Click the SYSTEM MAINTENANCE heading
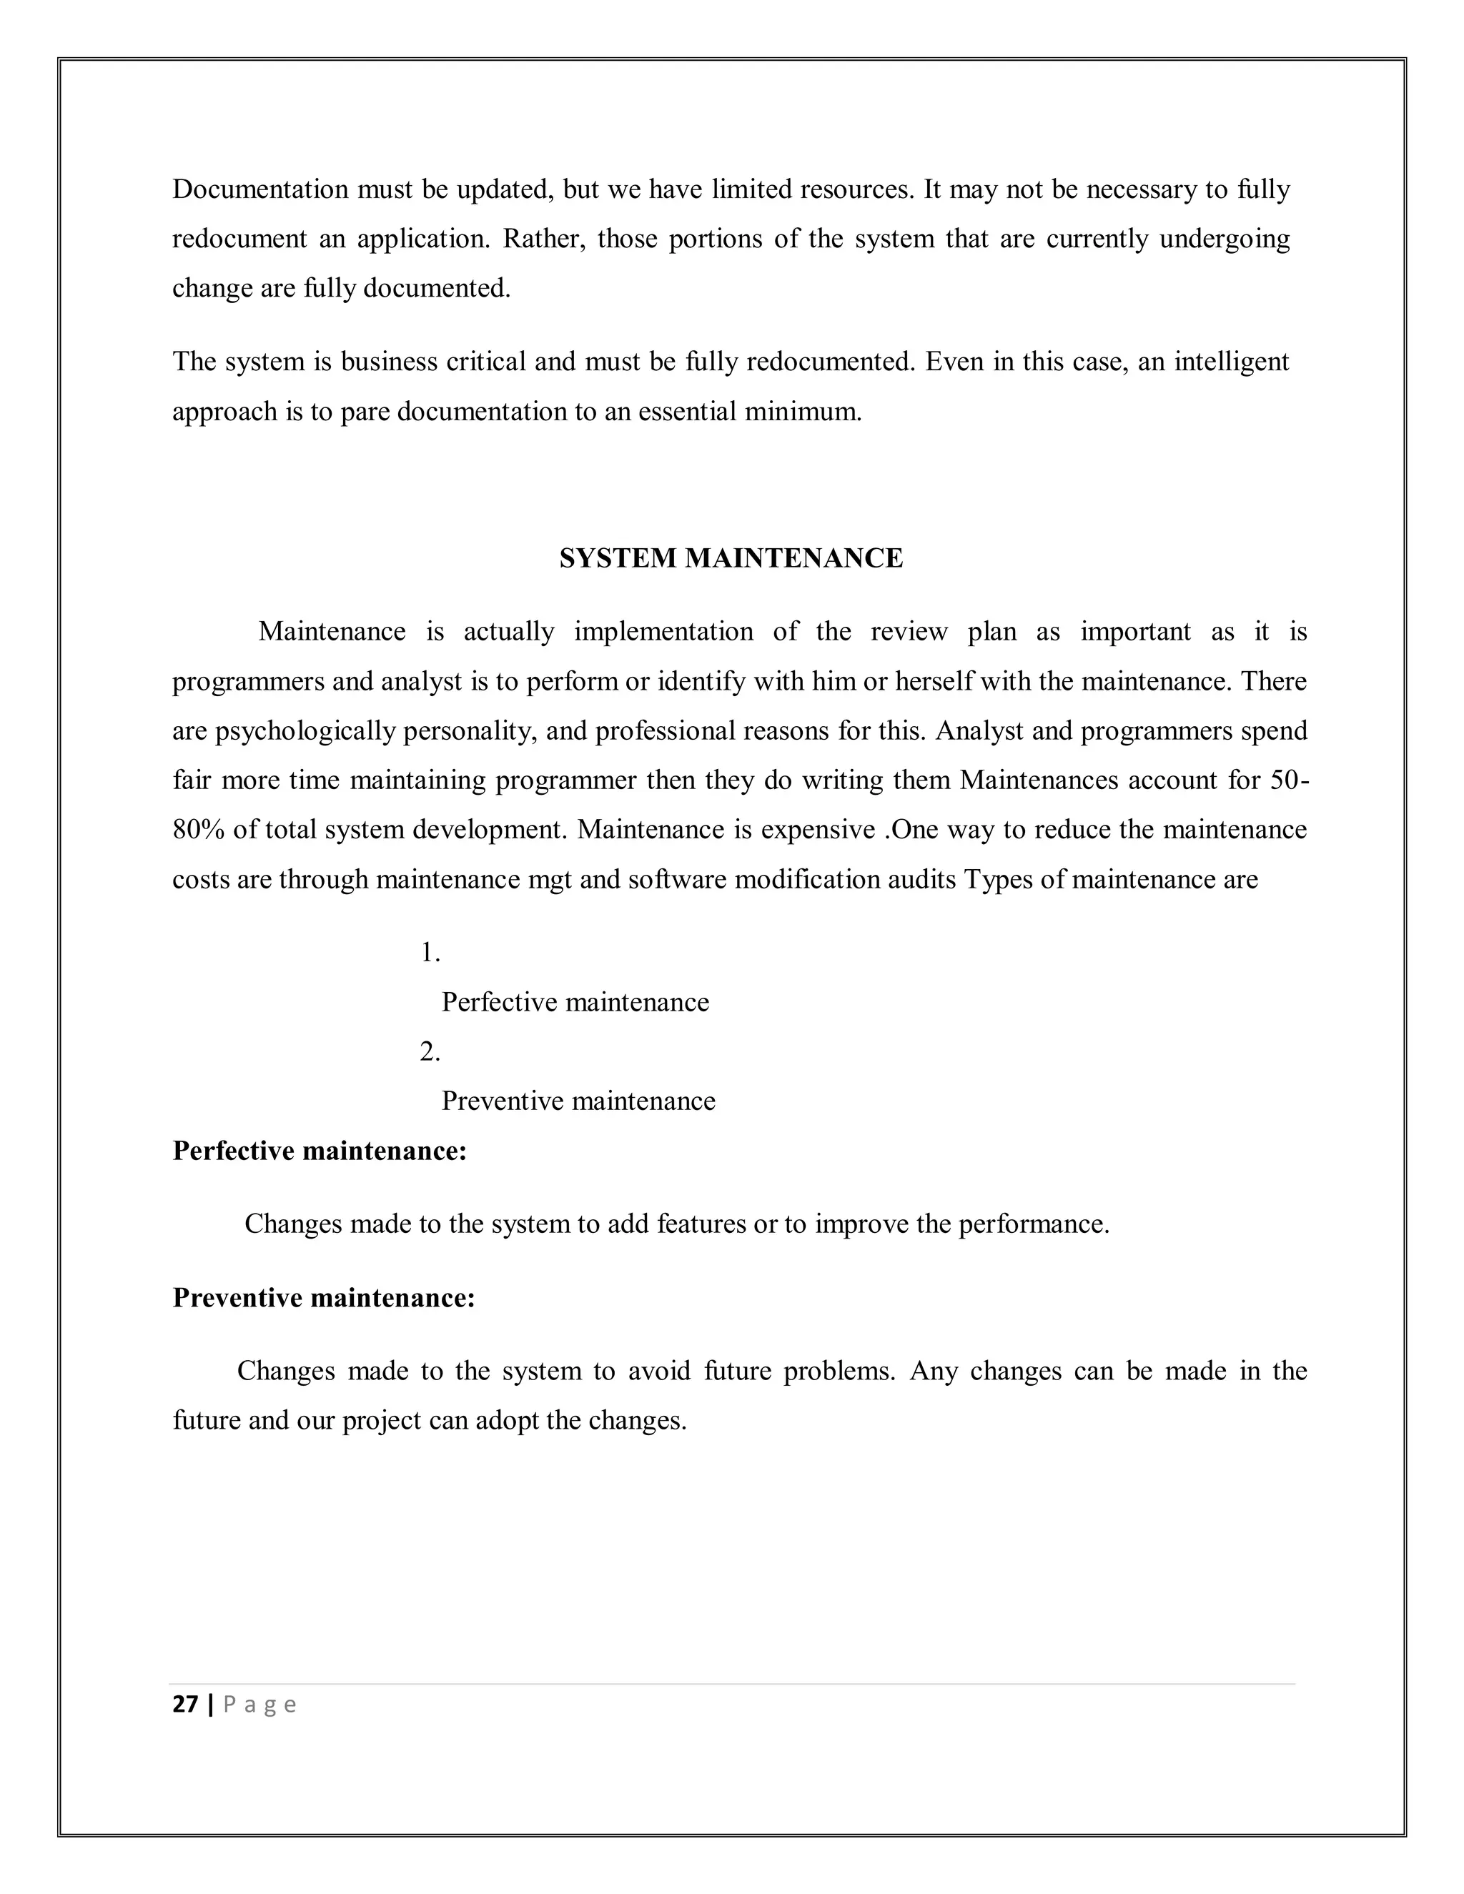coord(731,558)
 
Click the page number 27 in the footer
coord(184,1705)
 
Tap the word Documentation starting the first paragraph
coord(260,189)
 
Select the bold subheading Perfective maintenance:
coord(319,1151)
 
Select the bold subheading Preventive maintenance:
coord(324,1297)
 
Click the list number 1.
coord(430,953)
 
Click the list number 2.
coord(430,1052)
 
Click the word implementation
coord(663,631)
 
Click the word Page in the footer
coord(259,1705)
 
